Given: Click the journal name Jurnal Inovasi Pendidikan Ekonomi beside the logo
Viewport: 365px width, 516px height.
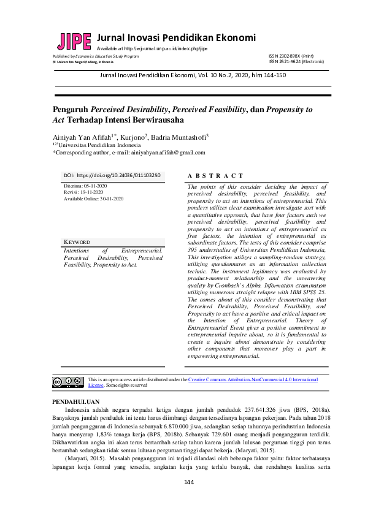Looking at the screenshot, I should (x=176, y=37).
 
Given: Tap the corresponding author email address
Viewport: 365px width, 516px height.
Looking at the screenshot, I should (x=171, y=153).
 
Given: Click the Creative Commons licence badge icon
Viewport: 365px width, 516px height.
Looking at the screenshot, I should (x=67, y=382).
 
